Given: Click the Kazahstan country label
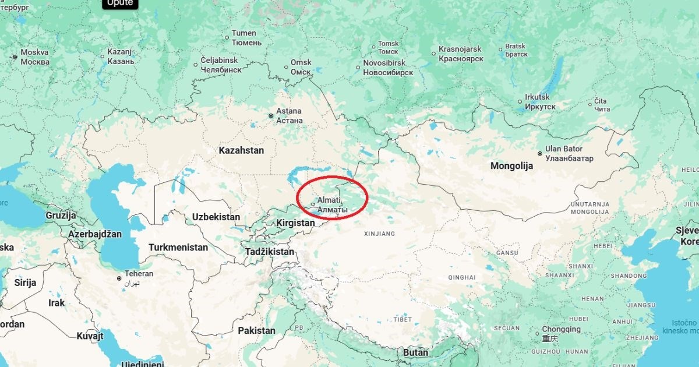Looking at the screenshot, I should coord(241,150).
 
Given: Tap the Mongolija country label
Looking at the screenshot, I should coord(511,166).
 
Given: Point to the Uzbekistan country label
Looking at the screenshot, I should coord(216,217).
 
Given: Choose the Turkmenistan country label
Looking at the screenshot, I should coord(178,247).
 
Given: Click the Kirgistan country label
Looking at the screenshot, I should coord(295,223).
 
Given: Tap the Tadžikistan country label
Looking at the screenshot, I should coord(269,252).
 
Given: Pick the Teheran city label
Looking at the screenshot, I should coord(139,274).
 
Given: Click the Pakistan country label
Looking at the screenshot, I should coord(256,330).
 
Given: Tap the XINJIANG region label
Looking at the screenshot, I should coord(379,234).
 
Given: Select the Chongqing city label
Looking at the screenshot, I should coord(562,329).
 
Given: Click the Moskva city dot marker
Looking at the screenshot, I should coord(14,57).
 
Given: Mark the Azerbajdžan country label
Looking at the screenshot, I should coord(95,234).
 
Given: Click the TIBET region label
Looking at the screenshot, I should coord(402,319).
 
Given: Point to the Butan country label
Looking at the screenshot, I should coord(415,352).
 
